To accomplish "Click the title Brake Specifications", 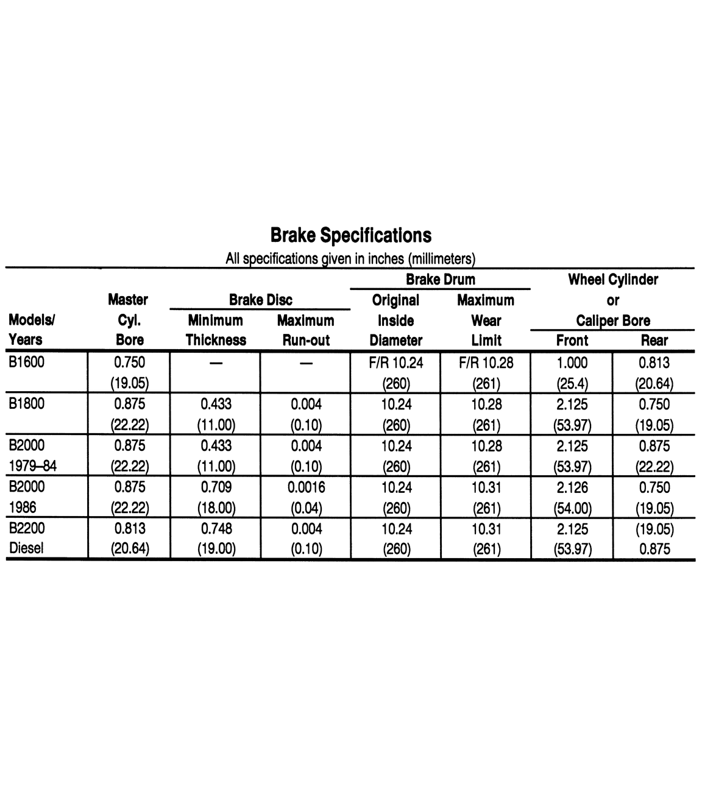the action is pos(350,236).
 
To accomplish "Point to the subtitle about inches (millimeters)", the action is pos(350,259).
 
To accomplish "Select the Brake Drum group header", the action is pos(440,280).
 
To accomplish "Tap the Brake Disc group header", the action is pos(260,300).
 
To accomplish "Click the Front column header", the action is pos(572,341).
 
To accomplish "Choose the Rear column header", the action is pos(654,341).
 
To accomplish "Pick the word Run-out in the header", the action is pos(305,340).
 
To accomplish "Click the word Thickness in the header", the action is pos(216,340).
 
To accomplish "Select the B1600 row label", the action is pos(27,363).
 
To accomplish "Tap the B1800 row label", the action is pos(27,404).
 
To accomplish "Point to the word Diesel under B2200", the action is pos(26,548).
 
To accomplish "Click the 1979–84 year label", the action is pos(33,466).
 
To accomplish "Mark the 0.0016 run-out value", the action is pos(306,487).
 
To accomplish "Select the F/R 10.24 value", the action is pos(396,363).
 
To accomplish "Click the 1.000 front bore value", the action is pos(572,363).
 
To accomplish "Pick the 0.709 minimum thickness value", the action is pos(216,487).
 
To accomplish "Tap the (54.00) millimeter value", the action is pos(572,508).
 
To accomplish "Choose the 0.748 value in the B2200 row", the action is pos(216,529).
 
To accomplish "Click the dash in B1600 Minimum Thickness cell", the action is pos(216,364).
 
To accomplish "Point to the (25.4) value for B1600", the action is pos(572,384).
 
